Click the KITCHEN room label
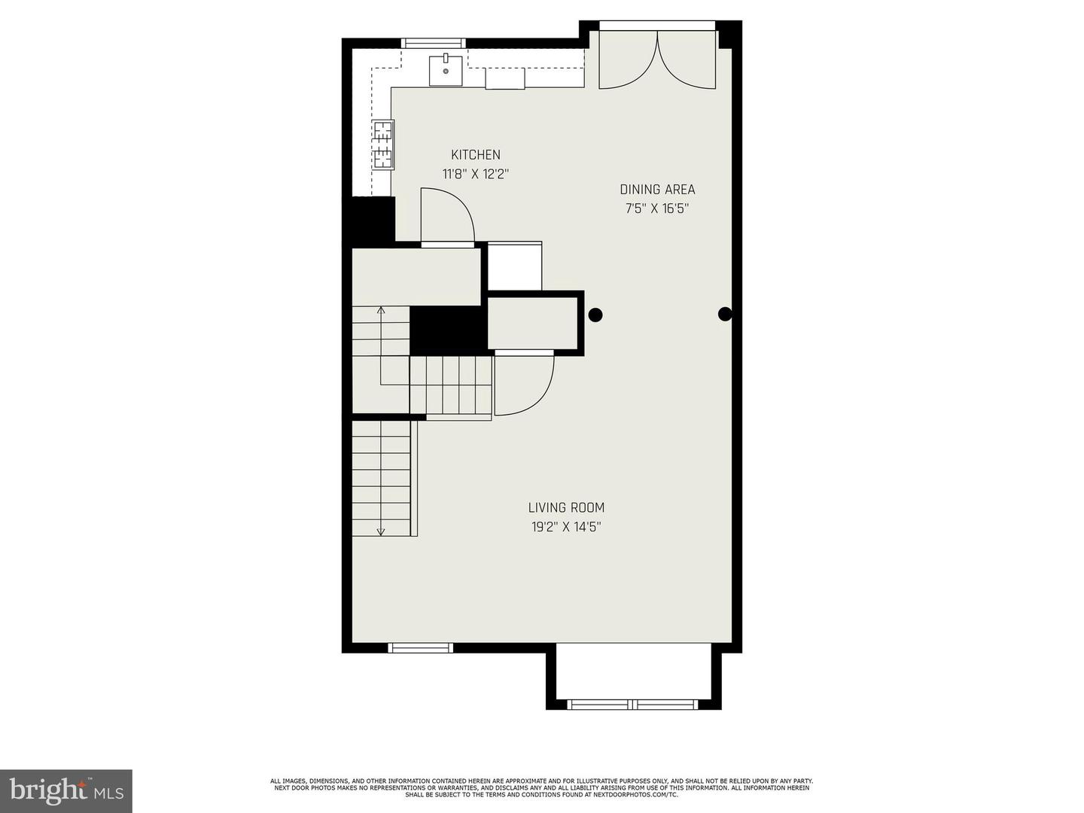(x=476, y=155)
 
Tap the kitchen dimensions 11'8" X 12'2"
(x=476, y=174)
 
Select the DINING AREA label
(x=657, y=190)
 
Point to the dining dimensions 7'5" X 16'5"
(x=657, y=209)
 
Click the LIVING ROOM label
(x=566, y=507)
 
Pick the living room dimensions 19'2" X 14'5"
(x=566, y=527)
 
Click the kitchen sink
(x=446, y=71)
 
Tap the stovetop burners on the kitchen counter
(x=384, y=145)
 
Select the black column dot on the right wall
(x=724, y=314)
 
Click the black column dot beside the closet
(x=595, y=315)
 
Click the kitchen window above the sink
(x=433, y=44)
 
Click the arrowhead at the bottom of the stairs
(x=380, y=531)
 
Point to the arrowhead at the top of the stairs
(x=381, y=310)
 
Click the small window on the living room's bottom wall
(x=420, y=647)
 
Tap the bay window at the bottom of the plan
(x=633, y=705)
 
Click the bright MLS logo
(x=66, y=791)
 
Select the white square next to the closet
(x=515, y=266)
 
